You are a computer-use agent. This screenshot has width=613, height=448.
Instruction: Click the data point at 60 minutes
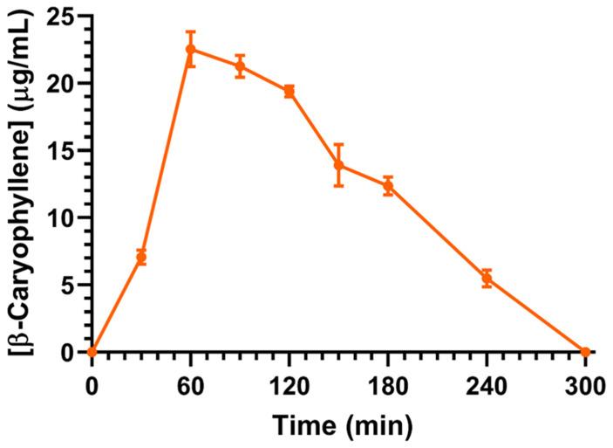click(x=190, y=49)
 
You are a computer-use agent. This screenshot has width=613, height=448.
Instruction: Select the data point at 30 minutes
click(x=141, y=258)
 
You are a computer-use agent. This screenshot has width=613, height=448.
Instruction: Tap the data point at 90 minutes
click(x=240, y=65)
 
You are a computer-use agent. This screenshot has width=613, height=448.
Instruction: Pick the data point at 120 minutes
click(x=289, y=91)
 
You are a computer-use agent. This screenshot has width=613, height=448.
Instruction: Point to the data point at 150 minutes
click(x=338, y=165)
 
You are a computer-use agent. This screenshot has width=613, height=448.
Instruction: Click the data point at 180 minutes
click(x=388, y=185)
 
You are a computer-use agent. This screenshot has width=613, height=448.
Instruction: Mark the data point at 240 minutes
click(x=487, y=278)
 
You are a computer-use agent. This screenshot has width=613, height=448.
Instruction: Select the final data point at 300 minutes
click(x=585, y=352)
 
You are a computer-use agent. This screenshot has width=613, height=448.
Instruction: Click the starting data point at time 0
click(x=92, y=352)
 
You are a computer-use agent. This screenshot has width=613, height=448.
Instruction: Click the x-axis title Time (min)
click(x=338, y=426)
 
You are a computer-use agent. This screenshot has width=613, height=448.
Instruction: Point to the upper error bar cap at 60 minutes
click(x=190, y=31)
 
